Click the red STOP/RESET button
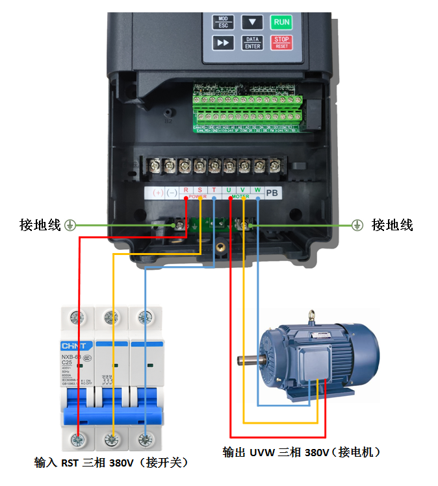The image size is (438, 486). coord(281,43)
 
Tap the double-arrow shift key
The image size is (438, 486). coord(223,43)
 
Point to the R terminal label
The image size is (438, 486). coord(186,191)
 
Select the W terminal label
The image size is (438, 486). coord(258,191)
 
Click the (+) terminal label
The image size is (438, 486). coord(157,193)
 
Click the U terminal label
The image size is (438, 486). coord(229,191)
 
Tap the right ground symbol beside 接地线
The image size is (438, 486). coord(356,225)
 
